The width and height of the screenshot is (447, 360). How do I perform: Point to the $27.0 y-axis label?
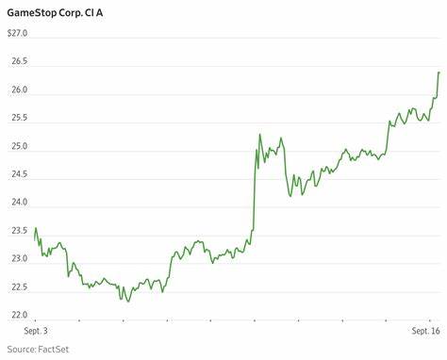click(18, 33)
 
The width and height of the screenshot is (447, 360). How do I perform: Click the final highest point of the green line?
click(439, 73)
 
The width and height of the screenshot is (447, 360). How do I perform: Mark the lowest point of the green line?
click(127, 301)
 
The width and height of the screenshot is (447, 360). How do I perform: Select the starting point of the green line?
click(35, 229)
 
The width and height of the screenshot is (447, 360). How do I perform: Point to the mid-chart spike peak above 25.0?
click(259, 135)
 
